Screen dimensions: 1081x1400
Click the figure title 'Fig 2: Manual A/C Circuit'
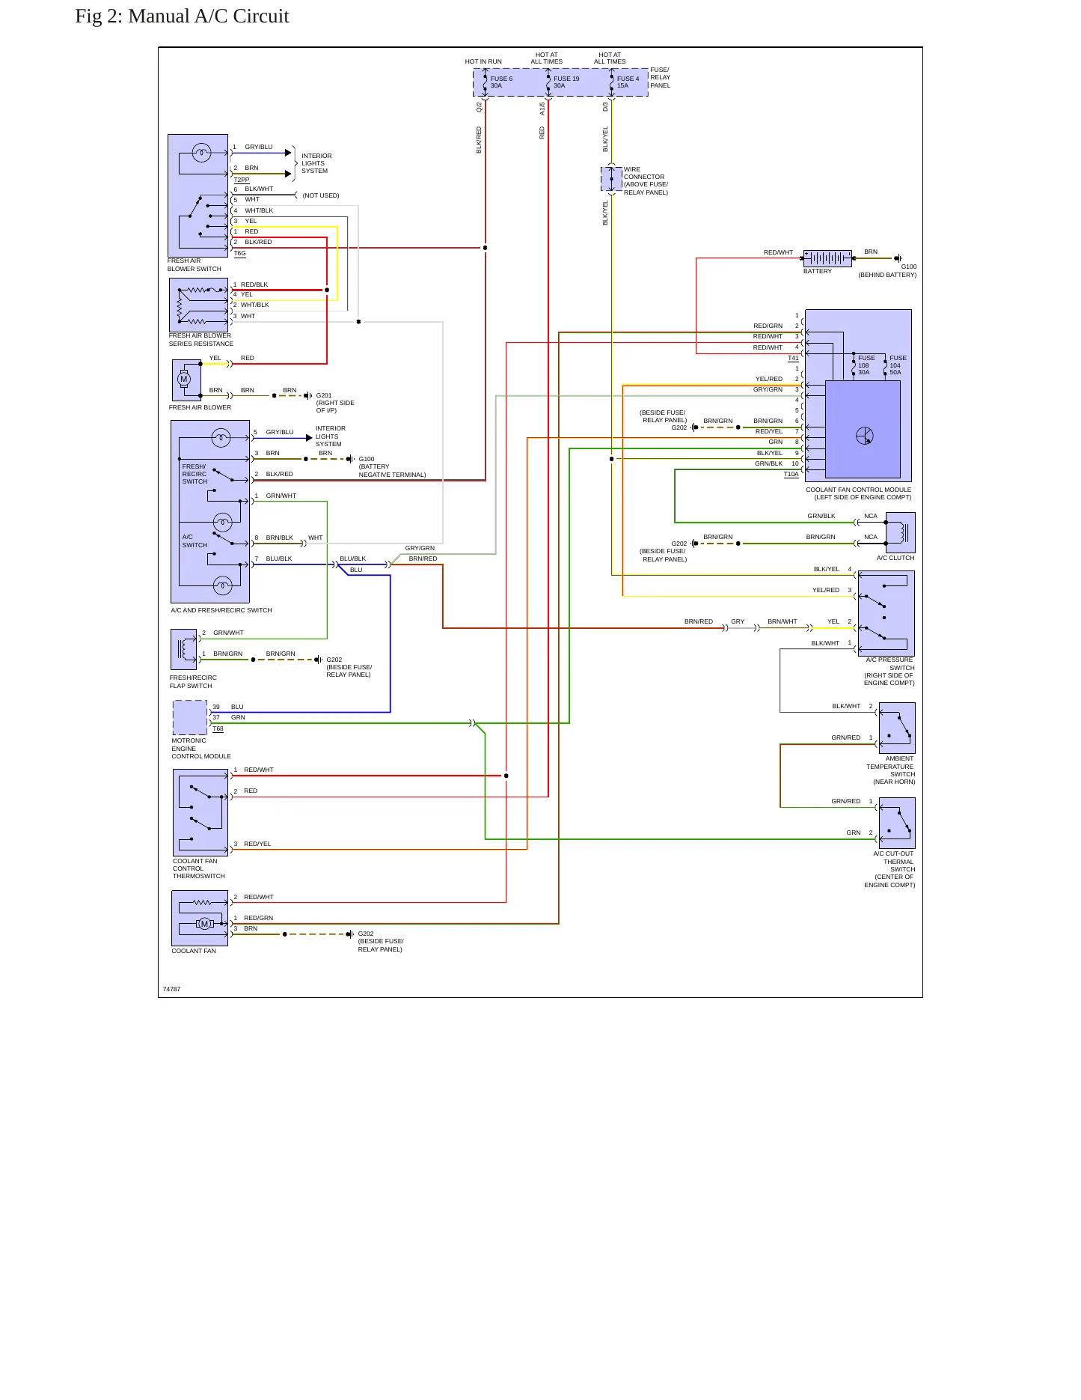pyautogui.click(x=182, y=16)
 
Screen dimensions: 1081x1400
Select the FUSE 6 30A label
pyautogui.click(x=501, y=82)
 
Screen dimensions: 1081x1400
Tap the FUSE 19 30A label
pyautogui.click(x=566, y=82)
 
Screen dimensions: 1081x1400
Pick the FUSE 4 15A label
pyautogui.click(x=628, y=82)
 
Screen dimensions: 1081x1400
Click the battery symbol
pyautogui.click(x=827, y=259)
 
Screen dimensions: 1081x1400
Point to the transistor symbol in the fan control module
pyautogui.click(x=865, y=436)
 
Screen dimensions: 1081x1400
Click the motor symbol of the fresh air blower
pyautogui.click(x=184, y=380)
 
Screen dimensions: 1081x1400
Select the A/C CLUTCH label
pyautogui.click(x=895, y=558)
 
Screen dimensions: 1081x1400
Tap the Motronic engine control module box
pyautogui.click(x=190, y=717)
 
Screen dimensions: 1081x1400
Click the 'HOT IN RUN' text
pyautogui.click(x=483, y=61)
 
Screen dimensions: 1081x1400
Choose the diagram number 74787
pyautogui.click(x=171, y=989)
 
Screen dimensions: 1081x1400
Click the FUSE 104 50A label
pyautogui.click(x=898, y=365)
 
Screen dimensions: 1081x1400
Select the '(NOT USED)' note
pyautogui.click(x=321, y=195)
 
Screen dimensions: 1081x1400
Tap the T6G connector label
pyautogui.click(x=239, y=253)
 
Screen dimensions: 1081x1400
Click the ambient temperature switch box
pyautogui.click(x=897, y=728)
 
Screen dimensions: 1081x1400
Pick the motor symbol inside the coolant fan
pyautogui.click(x=204, y=924)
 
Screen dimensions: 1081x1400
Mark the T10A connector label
pyautogui.click(x=791, y=475)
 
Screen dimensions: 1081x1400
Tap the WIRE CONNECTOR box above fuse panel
pyautogui.click(x=611, y=179)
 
